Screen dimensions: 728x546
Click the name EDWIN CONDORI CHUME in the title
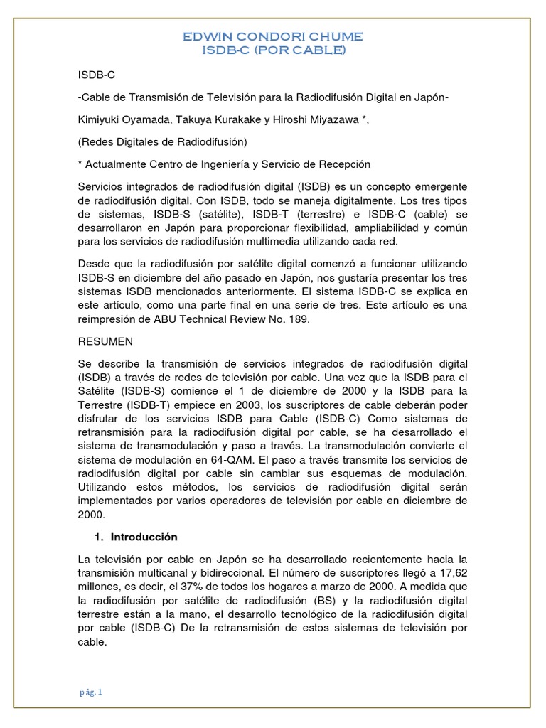(273, 36)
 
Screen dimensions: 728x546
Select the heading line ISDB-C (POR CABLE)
(273, 50)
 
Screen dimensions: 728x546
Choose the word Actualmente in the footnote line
(117, 164)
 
